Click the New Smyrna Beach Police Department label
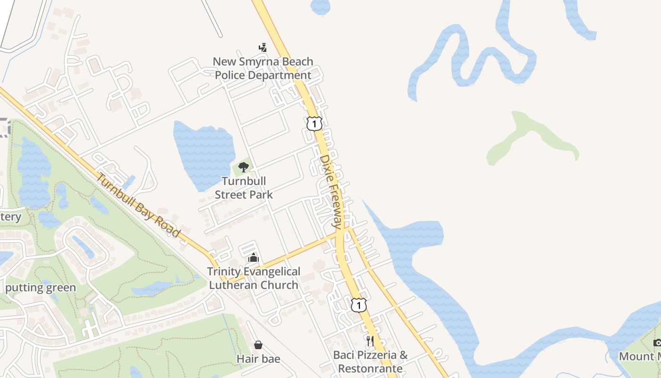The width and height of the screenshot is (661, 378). [x=263, y=69]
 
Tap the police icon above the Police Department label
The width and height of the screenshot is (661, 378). [x=263, y=48]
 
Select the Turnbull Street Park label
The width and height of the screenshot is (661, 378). [x=244, y=188]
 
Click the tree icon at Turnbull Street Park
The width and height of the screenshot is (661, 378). [x=244, y=167]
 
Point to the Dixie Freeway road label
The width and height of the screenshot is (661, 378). [x=332, y=191]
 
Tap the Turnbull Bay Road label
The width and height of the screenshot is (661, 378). [x=138, y=205]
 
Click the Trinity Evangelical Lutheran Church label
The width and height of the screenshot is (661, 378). [x=254, y=278]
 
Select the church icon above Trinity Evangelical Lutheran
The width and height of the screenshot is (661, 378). [x=254, y=258]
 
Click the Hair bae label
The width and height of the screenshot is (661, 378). [x=258, y=359]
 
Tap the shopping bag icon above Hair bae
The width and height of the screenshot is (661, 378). [x=258, y=345]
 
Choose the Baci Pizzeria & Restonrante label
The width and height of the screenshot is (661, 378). [x=370, y=361]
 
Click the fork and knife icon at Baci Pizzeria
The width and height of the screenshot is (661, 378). [x=370, y=341]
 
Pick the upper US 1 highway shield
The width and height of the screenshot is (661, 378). [x=314, y=124]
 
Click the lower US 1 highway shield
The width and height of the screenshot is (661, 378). [x=359, y=305]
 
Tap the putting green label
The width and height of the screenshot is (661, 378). [x=41, y=288]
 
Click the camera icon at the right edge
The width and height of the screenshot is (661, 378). [x=657, y=343]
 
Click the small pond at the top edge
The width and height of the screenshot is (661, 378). [x=321, y=6]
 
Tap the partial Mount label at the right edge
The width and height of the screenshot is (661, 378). [x=640, y=356]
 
